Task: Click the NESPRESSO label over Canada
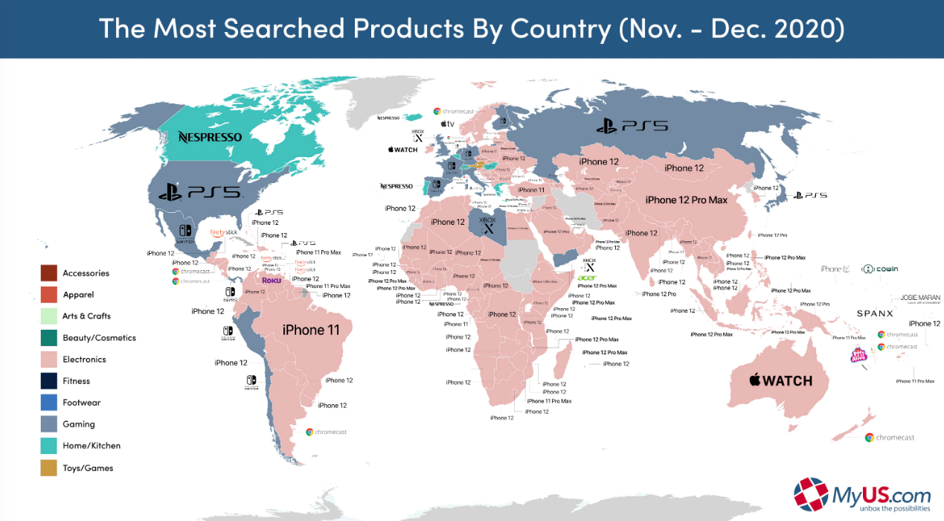click(x=210, y=137)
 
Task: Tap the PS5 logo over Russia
click(x=632, y=127)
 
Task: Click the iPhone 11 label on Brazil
click(x=313, y=330)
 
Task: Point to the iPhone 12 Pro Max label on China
click(x=686, y=199)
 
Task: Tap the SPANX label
click(x=875, y=314)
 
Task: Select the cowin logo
click(x=880, y=269)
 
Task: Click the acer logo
click(x=588, y=278)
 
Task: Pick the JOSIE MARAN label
click(x=919, y=298)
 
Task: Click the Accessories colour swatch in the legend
click(x=49, y=273)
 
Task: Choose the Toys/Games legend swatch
click(x=49, y=467)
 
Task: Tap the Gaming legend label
click(x=79, y=424)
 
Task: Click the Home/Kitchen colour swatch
click(x=49, y=446)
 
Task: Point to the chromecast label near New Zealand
click(x=890, y=437)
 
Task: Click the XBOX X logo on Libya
click(x=488, y=224)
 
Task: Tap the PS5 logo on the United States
click(x=199, y=192)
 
